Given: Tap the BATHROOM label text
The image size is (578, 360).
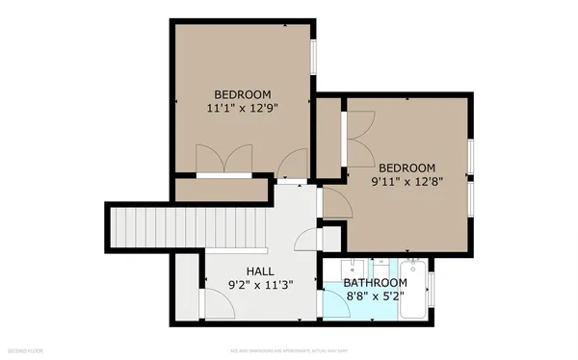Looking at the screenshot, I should [x=376, y=283].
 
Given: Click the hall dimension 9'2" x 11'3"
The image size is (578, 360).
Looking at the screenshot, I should [x=260, y=285].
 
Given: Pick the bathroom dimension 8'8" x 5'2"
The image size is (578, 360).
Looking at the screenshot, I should [x=376, y=297].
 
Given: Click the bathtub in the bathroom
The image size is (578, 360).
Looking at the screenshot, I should [x=413, y=289].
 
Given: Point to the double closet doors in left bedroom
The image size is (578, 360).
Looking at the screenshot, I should [x=223, y=160].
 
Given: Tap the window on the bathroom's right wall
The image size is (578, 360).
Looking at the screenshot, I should [x=430, y=289].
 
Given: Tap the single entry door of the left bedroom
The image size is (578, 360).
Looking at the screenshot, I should [x=291, y=165].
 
